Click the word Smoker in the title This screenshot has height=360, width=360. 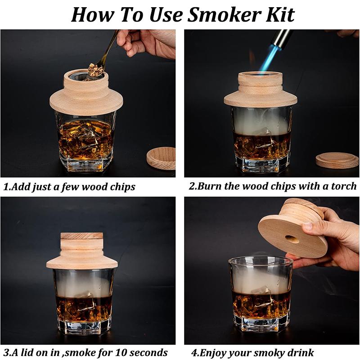pyautogui.click(x=225, y=14)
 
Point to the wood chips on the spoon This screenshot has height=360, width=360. pyautogui.click(x=94, y=70)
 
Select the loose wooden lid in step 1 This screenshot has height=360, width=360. pyautogui.click(x=161, y=157)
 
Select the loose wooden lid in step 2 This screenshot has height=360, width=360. pyautogui.click(x=337, y=160)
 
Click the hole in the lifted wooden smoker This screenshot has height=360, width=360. pyautogui.click(x=292, y=239)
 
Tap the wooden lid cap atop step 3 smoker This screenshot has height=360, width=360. pyautogui.click(x=81, y=235)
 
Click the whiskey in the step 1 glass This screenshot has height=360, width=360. pyautogui.click(x=85, y=139)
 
